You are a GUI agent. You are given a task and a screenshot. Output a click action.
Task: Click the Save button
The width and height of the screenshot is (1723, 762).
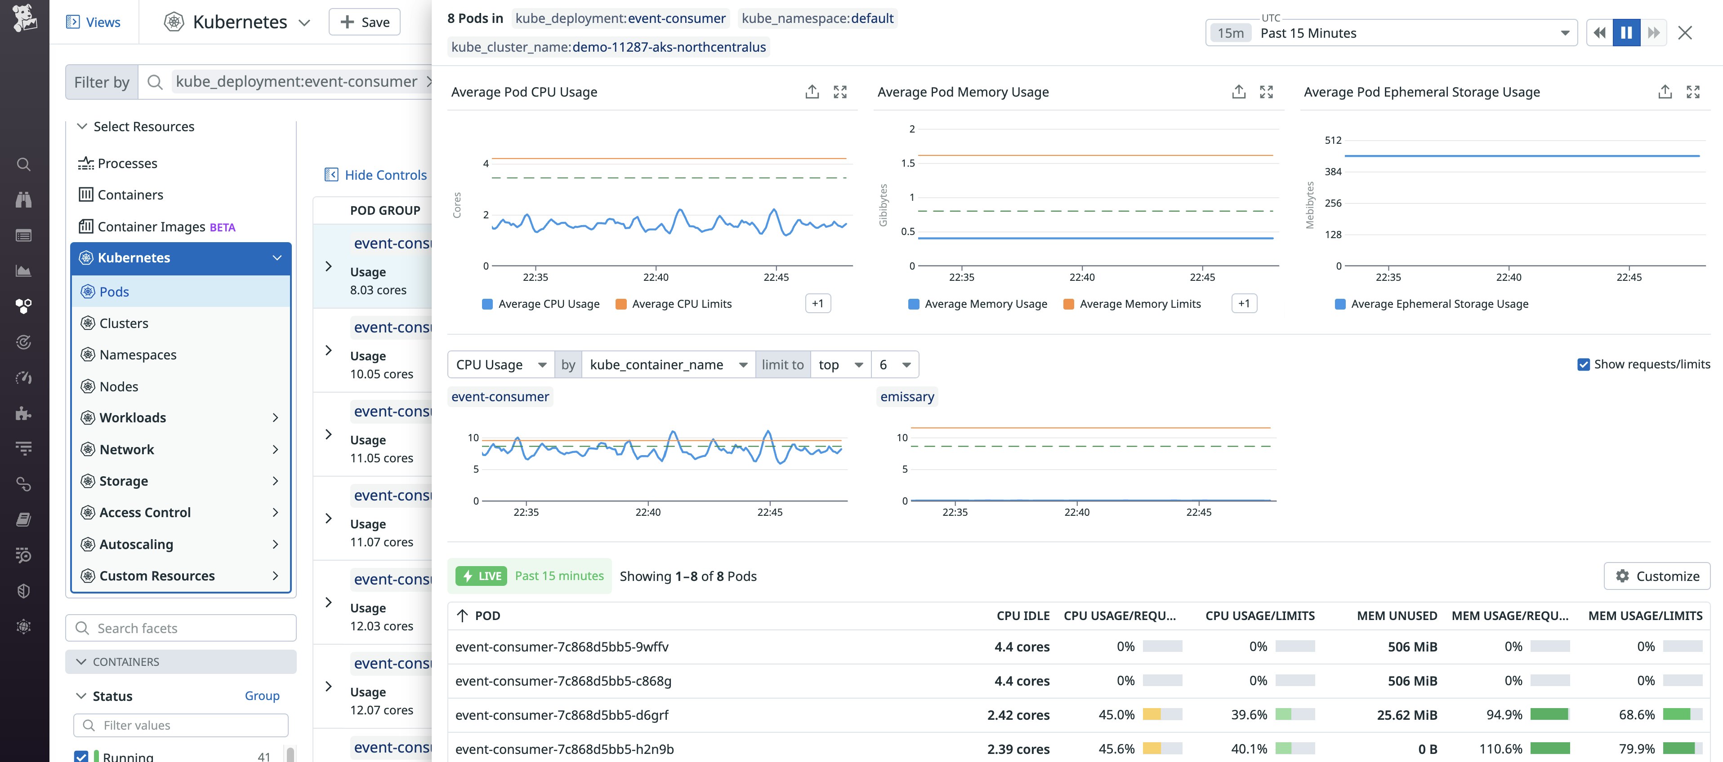tap(365, 22)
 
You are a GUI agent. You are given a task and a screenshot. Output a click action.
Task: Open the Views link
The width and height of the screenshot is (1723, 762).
tap(94, 22)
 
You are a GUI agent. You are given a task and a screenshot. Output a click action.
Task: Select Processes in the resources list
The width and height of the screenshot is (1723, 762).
tap(118, 163)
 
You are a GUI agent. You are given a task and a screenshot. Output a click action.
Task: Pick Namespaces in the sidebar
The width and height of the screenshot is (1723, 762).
tap(129, 354)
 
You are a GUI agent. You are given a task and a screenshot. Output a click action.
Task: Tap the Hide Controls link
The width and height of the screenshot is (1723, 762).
tap(376, 174)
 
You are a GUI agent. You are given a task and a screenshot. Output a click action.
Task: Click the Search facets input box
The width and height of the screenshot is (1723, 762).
tap(181, 628)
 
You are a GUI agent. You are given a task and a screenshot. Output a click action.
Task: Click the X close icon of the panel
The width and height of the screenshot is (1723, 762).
tap(1685, 33)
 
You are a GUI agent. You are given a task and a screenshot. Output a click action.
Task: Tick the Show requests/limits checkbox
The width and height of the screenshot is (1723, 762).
tap(1583, 364)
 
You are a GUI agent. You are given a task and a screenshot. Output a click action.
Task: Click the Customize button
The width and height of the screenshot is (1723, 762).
tap(1657, 576)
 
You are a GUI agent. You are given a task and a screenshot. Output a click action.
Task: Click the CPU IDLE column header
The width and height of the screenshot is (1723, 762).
tap(1023, 616)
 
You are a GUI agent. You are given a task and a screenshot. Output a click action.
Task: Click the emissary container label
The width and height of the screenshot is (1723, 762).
tap(907, 396)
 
